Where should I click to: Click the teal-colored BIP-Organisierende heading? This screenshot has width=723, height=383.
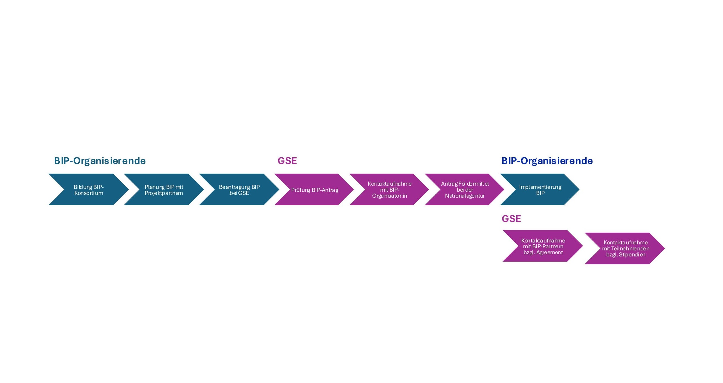coord(100,161)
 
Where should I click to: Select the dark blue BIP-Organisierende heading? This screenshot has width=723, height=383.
coord(547,161)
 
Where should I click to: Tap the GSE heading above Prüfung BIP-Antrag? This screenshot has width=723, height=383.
coord(287,161)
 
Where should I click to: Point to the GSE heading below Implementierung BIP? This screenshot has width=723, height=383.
coord(511,219)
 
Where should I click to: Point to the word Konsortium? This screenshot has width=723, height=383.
coord(89,193)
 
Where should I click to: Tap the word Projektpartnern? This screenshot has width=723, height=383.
coord(164,193)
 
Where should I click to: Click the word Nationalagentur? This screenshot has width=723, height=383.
coord(465,196)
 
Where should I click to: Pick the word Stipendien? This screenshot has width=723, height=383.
coord(632,255)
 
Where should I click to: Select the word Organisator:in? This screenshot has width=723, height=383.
coord(390,196)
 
